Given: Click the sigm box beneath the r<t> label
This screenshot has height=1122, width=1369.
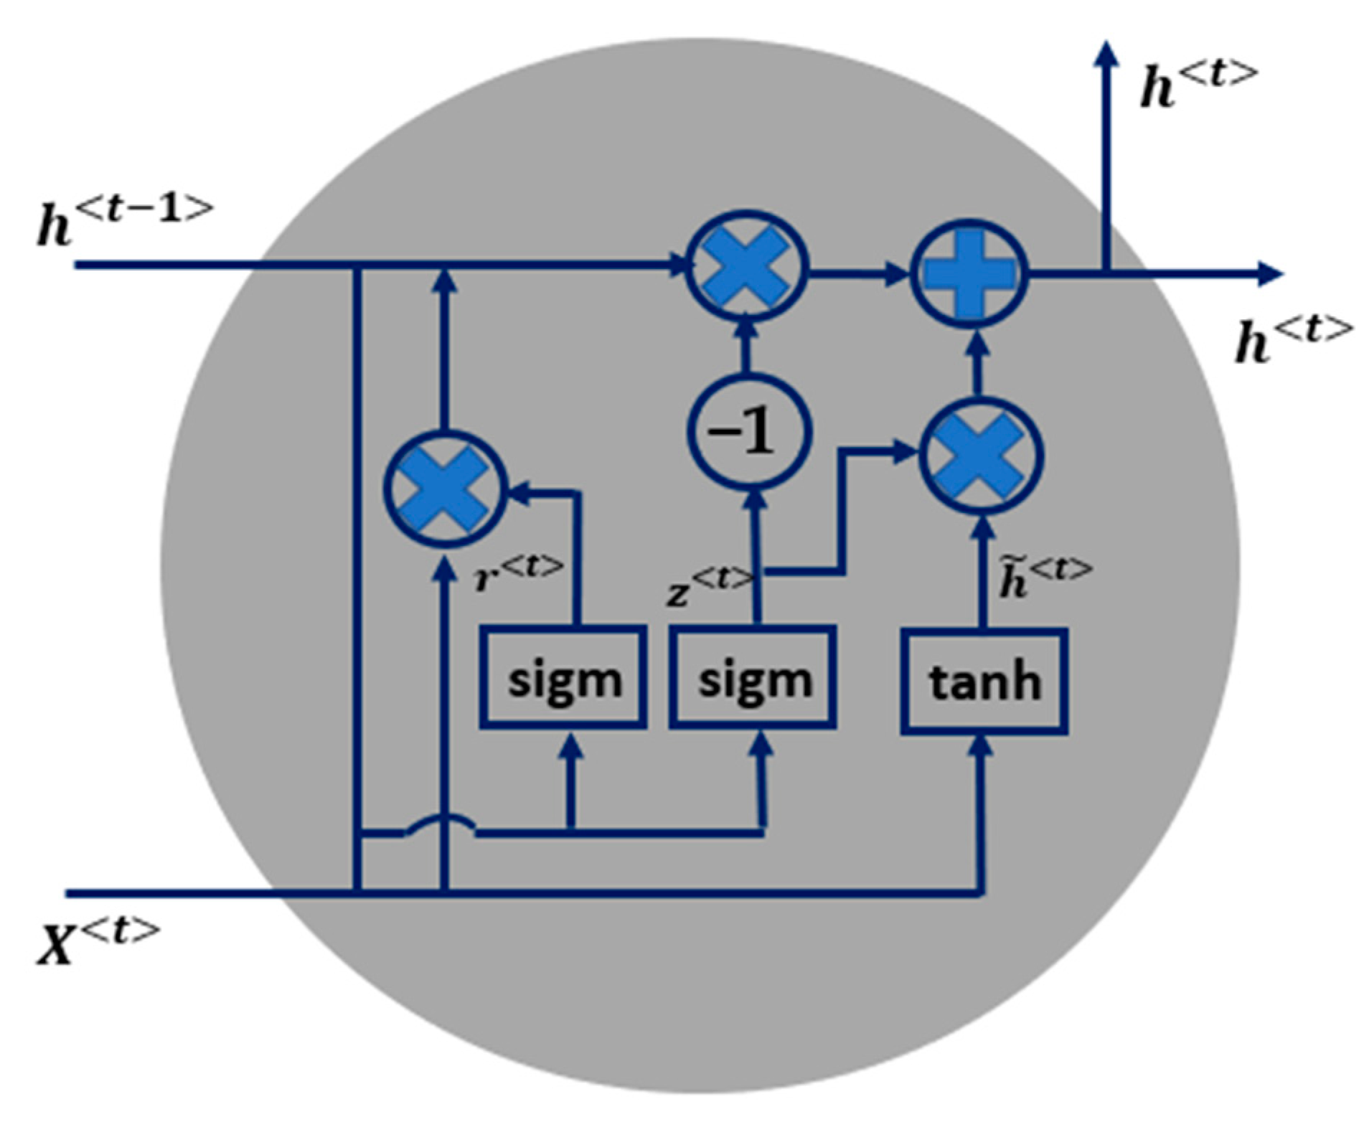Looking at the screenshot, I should click(x=563, y=677).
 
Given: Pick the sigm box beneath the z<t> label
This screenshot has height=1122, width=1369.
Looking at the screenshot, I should click(x=753, y=677).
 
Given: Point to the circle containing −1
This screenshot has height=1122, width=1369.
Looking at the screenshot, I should click(x=750, y=432).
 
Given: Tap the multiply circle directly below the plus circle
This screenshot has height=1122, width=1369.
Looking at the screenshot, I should click(x=982, y=455).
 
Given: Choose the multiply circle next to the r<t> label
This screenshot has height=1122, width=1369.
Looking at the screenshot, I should click(x=446, y=491).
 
